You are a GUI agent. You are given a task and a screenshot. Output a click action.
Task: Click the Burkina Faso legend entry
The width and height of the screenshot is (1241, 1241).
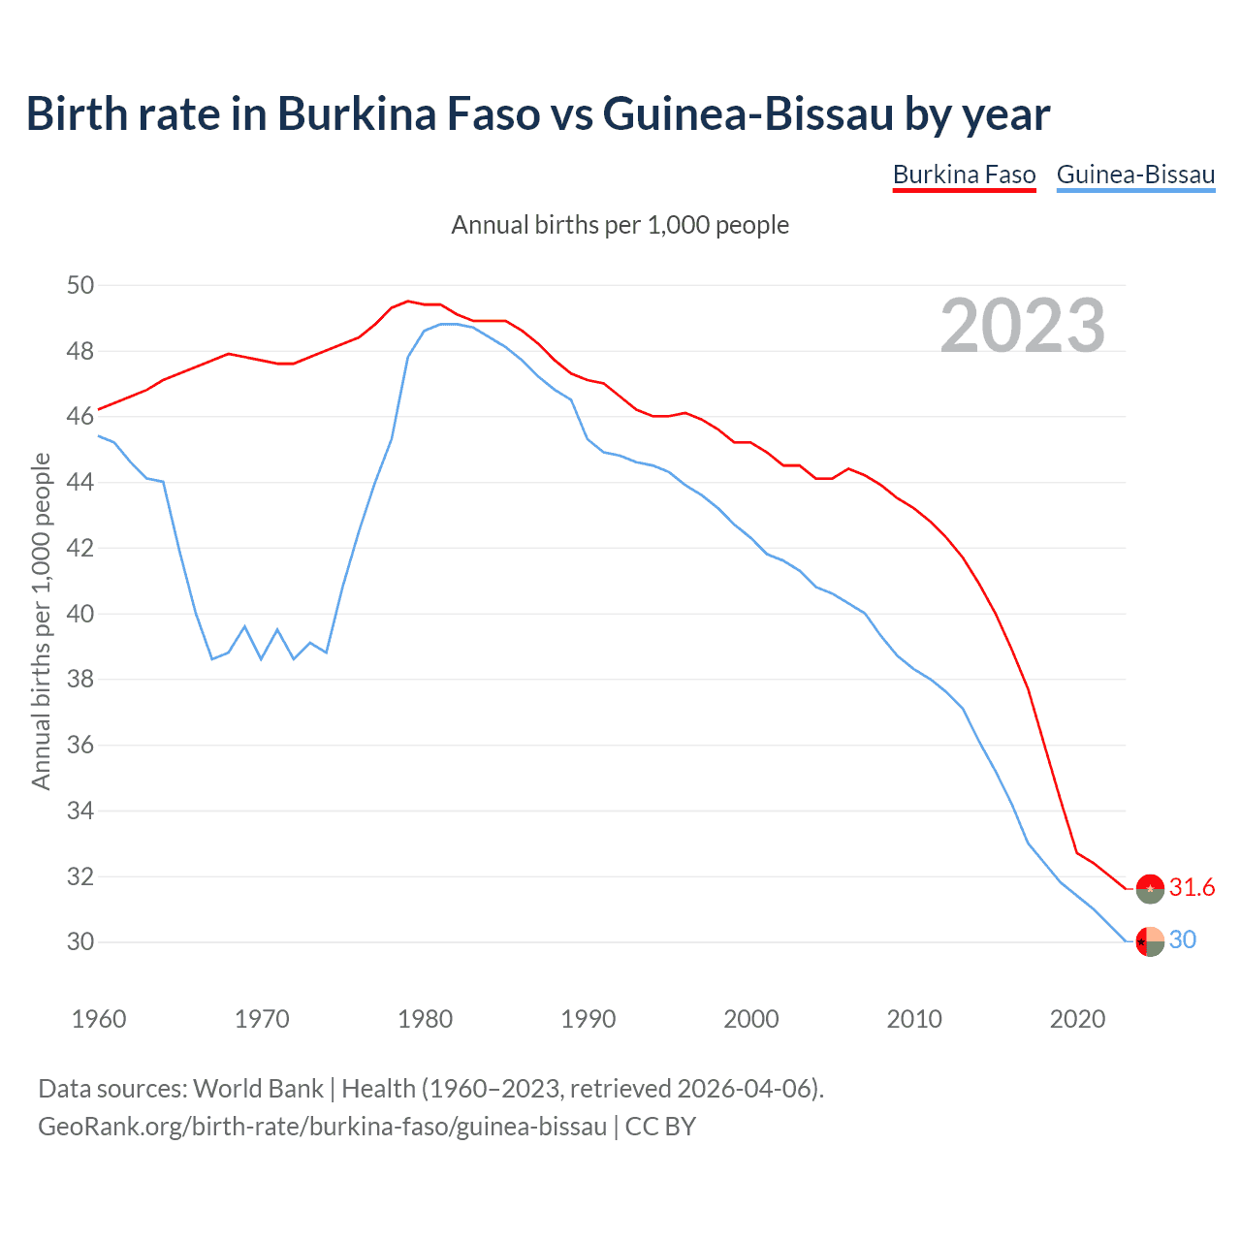[x=964, y=175]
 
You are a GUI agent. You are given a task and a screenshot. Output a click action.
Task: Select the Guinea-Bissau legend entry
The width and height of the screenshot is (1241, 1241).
[x=1135, y=175]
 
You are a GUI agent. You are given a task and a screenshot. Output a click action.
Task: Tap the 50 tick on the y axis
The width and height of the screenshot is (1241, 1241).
[x=80, y=286]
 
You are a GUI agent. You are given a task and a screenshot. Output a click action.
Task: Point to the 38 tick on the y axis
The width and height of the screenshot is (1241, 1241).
[x=80, y=680]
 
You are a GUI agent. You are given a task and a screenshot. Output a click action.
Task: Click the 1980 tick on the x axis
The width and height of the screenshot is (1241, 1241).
[x=426, y=1019]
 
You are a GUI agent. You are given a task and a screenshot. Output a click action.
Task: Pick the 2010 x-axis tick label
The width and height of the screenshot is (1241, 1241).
[x=914, y=1019]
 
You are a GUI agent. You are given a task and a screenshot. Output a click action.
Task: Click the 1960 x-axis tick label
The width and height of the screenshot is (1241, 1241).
[x=99, y=1019]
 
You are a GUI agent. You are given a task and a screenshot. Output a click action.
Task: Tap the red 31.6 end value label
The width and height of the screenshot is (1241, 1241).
[x=1192, y=888]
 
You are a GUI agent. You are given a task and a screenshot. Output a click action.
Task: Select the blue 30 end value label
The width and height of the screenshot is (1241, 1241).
[x=1183, y=940]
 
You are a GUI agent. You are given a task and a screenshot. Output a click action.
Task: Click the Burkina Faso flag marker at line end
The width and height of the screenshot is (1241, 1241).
[x=1150, y=888]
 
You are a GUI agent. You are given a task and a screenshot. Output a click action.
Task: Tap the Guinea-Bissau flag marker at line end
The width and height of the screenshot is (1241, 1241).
[x=1150, y=941]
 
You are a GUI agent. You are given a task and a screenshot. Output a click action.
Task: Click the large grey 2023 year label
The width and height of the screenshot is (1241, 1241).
[x=1023, y=326]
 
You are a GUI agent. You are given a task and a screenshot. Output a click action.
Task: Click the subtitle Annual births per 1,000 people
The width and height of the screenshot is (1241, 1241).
[x=620, y=226]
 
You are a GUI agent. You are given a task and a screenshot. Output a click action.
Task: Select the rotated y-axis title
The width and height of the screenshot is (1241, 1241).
[x=41, y=620]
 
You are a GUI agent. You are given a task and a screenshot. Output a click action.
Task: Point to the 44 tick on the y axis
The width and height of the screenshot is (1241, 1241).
[x=80, y=483]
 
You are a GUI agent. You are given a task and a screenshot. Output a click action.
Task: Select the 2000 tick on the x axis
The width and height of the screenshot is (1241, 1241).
[x=751, y=1019]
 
